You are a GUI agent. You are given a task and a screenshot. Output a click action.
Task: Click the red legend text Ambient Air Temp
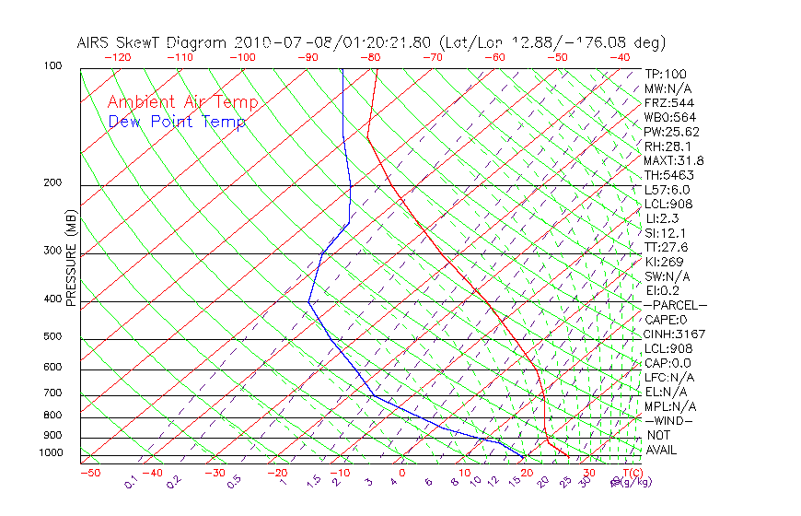click(x=182, y=102)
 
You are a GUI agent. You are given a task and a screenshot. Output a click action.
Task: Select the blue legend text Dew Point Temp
click(x=177, y=122)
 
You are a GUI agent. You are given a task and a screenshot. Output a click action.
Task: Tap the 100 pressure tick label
click(x=53, y=66)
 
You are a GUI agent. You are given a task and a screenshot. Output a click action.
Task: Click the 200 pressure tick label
click(x=53, y=182)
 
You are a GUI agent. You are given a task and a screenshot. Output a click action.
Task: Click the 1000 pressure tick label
click(x=51, y=452)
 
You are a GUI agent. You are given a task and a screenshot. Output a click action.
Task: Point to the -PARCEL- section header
click(x=676, y=305)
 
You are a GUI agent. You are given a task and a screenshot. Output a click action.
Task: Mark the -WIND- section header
click(x=669, y=420)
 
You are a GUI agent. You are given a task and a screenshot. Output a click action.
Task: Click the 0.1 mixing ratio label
click(x=131, y=482)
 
